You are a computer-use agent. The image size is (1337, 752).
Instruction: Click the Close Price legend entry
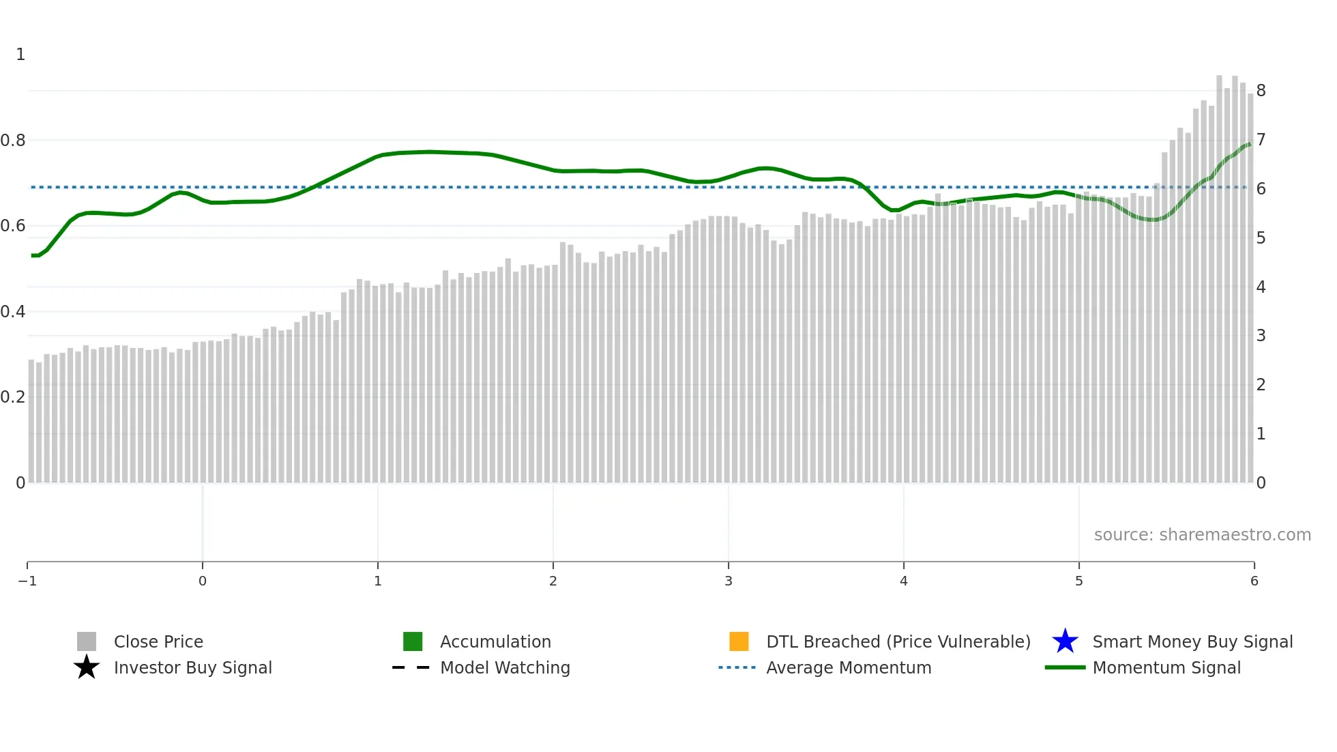(158, 641)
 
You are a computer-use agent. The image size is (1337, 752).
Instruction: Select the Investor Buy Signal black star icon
(87, 667)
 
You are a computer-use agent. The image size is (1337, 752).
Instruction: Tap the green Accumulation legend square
(413, 641)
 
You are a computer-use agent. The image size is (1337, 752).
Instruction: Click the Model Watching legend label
(505, 667)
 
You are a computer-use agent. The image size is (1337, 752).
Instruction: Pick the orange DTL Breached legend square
(739, 641)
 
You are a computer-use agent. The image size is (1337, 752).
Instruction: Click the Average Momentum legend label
(849, 667)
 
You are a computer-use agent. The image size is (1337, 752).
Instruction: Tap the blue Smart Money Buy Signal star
(1065, 641)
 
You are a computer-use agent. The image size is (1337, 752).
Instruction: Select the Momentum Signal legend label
(1166, 667)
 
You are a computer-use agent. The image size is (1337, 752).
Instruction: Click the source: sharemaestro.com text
(1202, 534)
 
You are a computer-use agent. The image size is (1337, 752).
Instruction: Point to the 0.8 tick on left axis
(13, 141)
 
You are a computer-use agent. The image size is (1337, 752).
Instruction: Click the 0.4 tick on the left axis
(13, 312)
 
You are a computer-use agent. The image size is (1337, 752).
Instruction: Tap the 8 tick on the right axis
(1261, 91)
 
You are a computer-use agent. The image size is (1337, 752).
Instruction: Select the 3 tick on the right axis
(1261, 336)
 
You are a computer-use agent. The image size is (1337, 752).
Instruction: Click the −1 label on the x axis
(27, 581)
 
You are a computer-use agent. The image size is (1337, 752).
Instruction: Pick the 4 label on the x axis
(903, 581)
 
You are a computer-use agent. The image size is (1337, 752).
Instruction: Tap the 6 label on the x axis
(1254, 581)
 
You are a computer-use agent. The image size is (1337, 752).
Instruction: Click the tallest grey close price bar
(1219, 273)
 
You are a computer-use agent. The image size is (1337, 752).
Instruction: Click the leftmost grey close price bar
(31, 423)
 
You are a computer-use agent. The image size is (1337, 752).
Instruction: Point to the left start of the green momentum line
(33, 255)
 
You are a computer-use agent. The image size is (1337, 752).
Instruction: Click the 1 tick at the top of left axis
(20, 55)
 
